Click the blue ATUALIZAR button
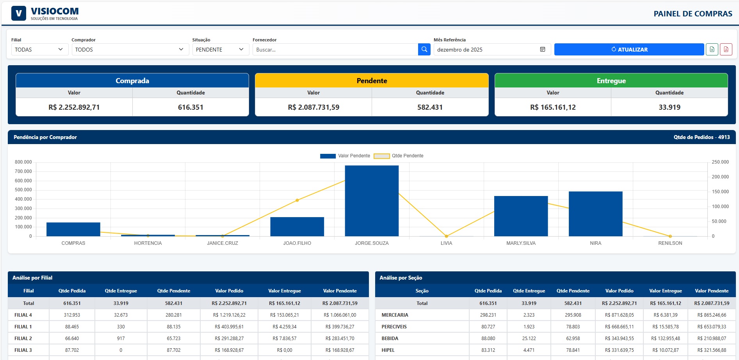629,50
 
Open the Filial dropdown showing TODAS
39,50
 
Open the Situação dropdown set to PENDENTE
220,50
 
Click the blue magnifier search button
424,50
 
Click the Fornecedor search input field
335,50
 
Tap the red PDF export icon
726,50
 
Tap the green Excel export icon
712,50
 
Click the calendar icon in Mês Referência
542,50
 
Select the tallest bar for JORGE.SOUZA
372,201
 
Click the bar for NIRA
595,214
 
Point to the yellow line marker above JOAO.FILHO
297,200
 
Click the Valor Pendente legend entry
345,156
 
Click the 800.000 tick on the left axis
23,162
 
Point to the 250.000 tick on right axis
720,162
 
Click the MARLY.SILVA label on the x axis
521,243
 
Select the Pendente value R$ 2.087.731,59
313,107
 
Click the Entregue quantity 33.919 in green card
669,107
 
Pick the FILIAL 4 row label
23,315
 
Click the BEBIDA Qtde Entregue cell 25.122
529,339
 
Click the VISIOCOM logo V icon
19,14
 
